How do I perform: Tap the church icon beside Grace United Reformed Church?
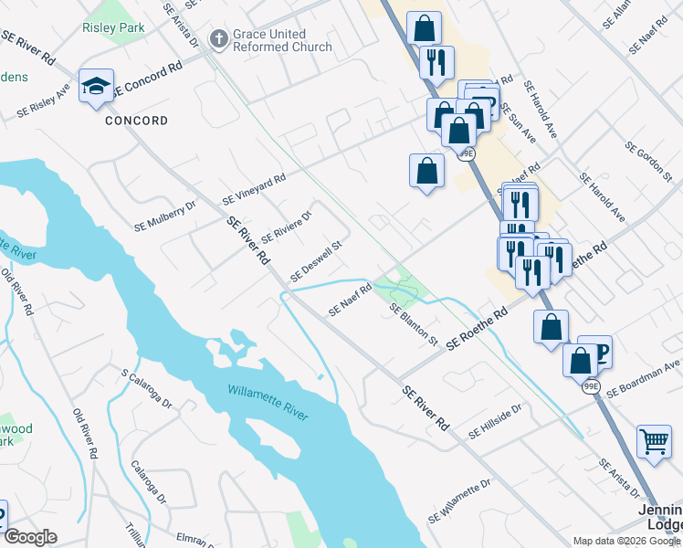217,39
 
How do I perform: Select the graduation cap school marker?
96,86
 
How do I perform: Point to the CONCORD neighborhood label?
136,121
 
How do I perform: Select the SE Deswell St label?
315,261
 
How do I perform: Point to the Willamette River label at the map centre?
268,403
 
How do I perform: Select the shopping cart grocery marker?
655,442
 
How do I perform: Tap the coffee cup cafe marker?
598,351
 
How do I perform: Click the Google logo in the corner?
30,538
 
